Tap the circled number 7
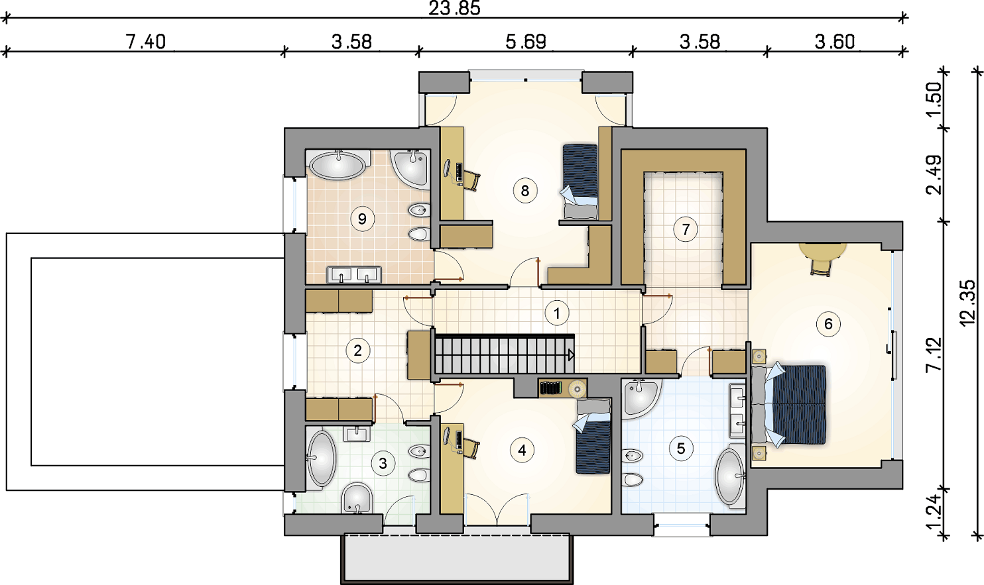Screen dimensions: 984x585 (x=686, y=229)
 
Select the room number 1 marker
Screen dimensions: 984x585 (x=557, y=313)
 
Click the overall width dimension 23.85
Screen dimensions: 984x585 (x=454, y=9)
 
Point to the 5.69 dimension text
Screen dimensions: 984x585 (x=526, y=42)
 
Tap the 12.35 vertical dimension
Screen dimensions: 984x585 (x=967, y=303)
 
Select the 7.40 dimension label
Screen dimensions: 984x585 (x=145, y=42)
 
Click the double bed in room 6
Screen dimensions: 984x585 (x=790, y=405)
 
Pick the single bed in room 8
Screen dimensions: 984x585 (x=580, y=182)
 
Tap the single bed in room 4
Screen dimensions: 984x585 (x=591, y=436)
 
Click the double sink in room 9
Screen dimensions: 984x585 (x=354, y=275)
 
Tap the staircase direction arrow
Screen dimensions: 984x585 (x=571, y=355)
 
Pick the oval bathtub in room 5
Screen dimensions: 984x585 (x=731, y=476)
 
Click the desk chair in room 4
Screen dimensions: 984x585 (x=471, y=448)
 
